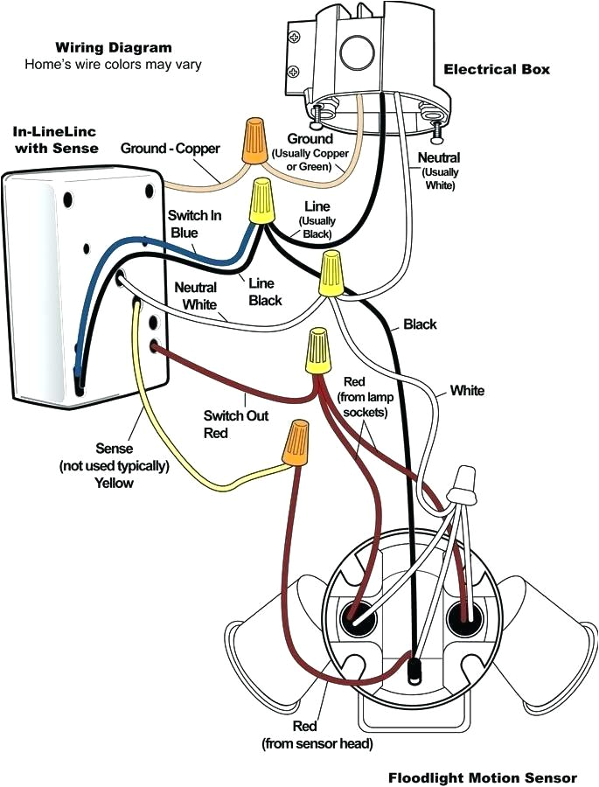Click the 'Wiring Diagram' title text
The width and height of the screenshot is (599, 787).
click(114, 47)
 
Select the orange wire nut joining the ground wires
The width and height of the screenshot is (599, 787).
click(254, 143)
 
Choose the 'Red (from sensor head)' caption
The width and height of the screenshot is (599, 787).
click(316, 735)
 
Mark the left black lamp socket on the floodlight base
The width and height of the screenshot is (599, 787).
click(359, 618)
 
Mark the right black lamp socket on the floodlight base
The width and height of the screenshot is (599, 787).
click(463, 618)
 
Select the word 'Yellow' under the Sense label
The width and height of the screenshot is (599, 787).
click(114, 483)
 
